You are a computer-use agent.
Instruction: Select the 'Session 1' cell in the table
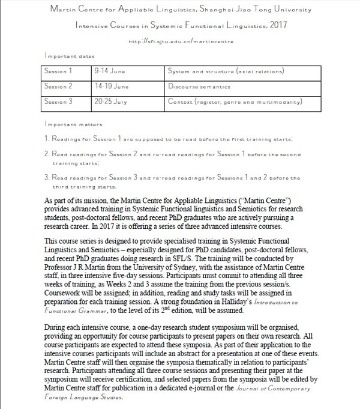point(58,71)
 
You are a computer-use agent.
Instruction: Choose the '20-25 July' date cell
point(112,101)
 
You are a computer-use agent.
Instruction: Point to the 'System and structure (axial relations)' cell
point(226,71)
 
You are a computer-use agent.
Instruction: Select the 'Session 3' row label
point(58,101)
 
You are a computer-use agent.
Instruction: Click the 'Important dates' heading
point(70,56)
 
